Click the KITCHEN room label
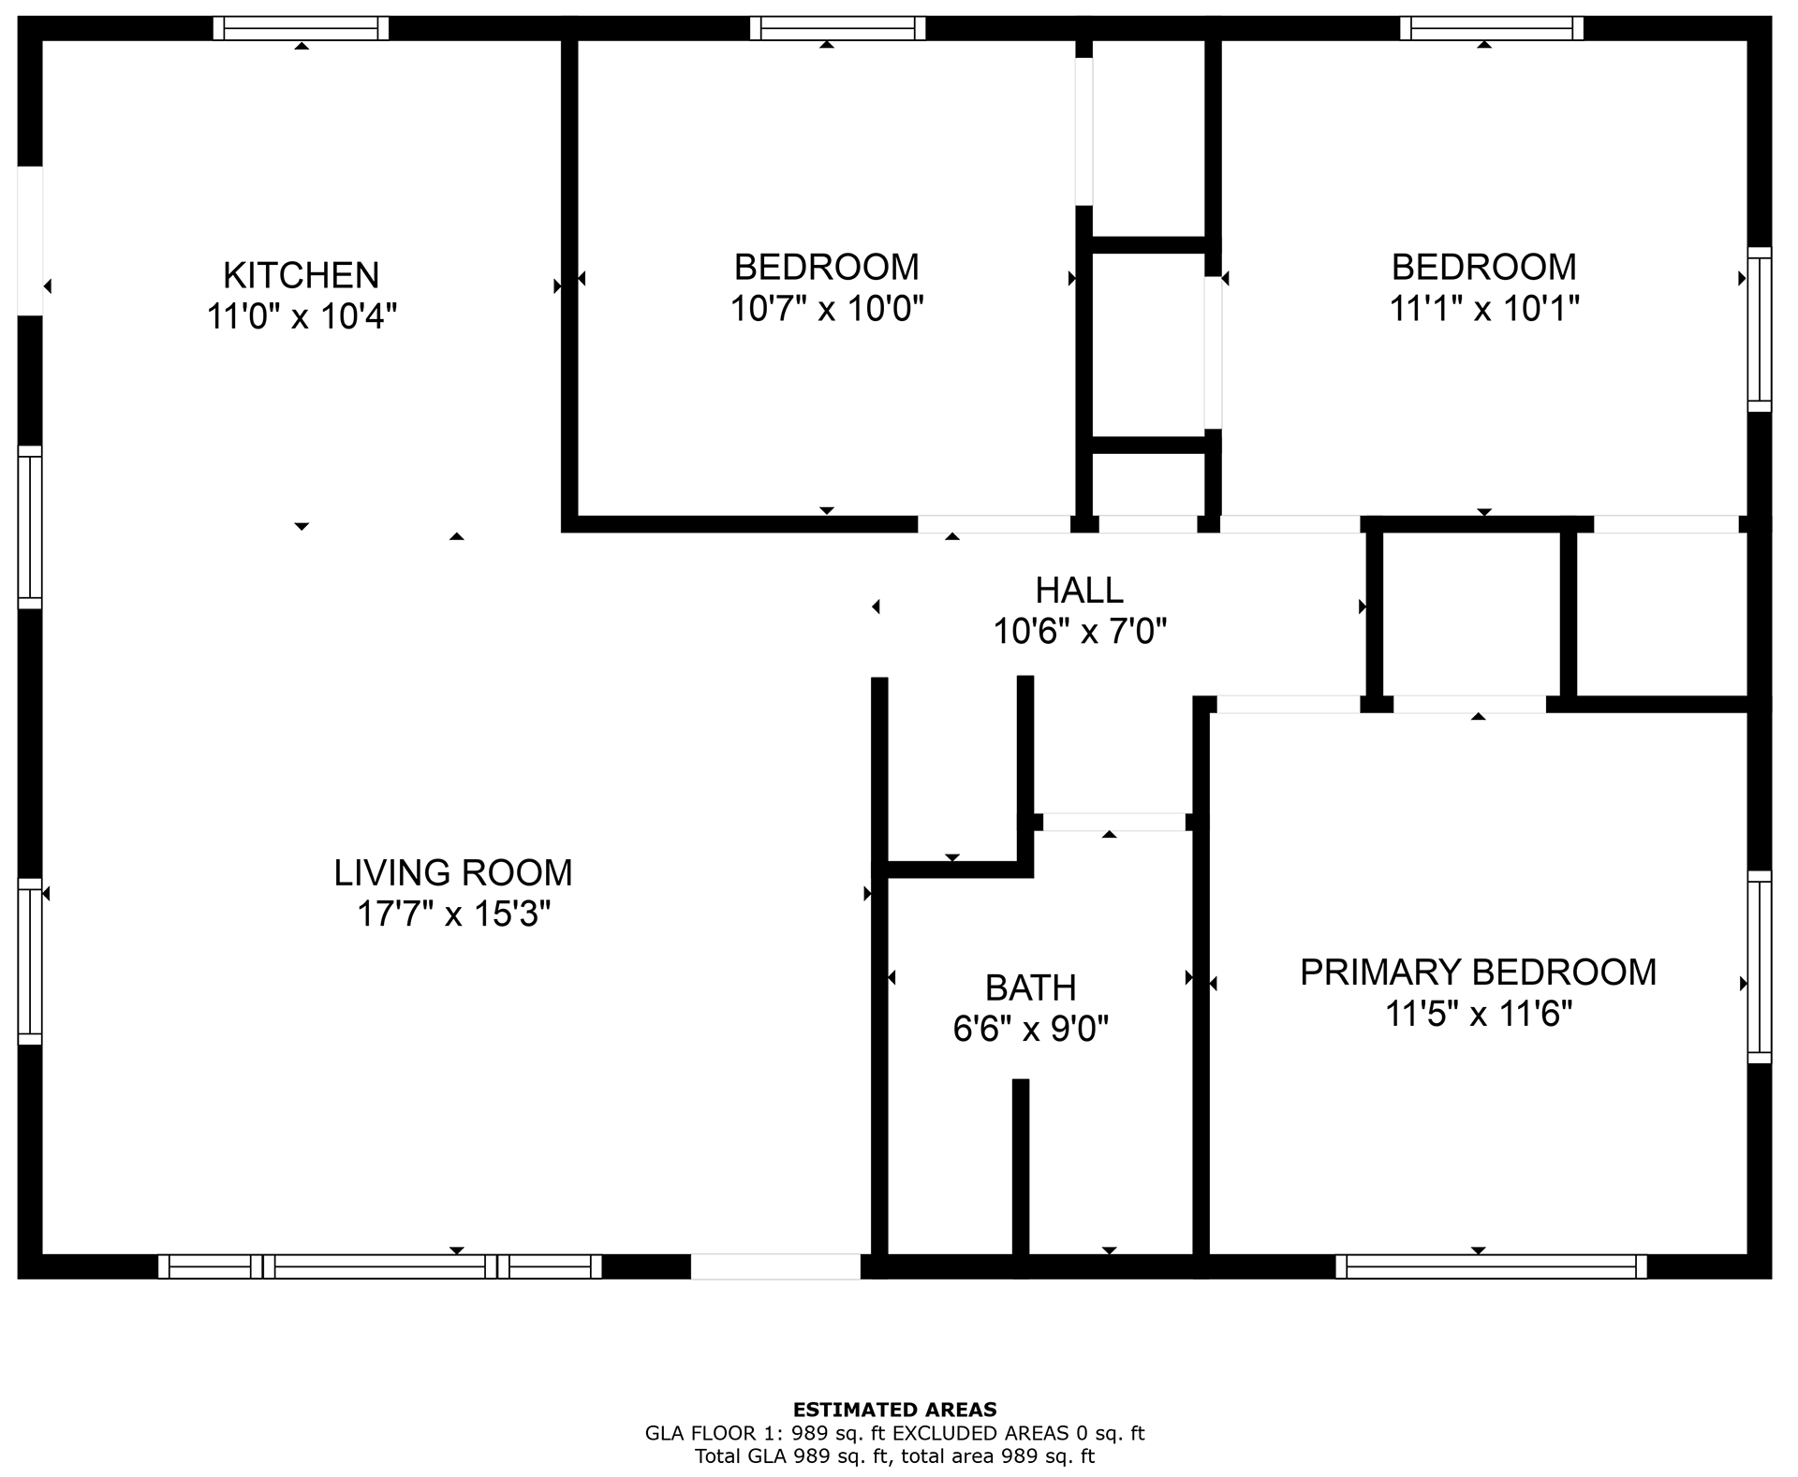coord(301,275)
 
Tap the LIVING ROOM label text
coord(453,872)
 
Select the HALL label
coord(1079,591)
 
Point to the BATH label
coord(1030,987)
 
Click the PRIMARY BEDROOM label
coord(1478,972)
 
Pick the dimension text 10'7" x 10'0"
coord(827,308)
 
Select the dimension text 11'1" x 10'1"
coord(1483,308)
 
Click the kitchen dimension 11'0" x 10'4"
coord(301,316)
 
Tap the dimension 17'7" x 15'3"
coord(453,914)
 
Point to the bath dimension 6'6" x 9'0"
coord(1030,1029)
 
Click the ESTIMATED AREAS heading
coord(894,1409)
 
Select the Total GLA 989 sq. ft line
coord(894,1456)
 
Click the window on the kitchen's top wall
coord(301,28)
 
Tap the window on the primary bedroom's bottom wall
coord(1491,1266)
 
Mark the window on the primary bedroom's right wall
coord(1760,966)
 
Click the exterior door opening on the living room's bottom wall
coord(775,1266)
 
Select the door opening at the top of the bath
coord(1113,822)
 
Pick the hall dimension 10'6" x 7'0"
coord(1079,632)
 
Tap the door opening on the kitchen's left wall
coord(30,241)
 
